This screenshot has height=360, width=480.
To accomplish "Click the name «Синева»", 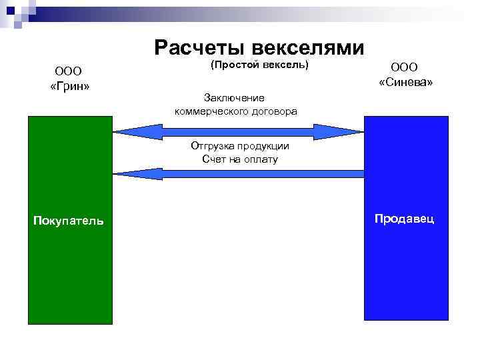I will tap(406, 83).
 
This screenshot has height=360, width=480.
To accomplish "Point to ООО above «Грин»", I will tap(68, 70).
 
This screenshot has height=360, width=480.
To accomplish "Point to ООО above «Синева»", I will tap(405, 67).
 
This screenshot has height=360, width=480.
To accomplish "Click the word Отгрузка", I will tap(211, 146).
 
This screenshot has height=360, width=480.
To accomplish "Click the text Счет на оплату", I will tap(239, 159).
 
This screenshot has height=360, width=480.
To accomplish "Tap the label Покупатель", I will tap(69, 221).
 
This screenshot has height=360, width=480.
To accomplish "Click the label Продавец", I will tap(405, 219).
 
